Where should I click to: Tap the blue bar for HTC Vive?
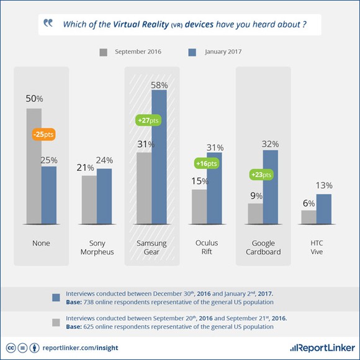pyautogui.click(x=325, y=209)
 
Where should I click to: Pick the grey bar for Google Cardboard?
pyautogui.click(x=255, y=213)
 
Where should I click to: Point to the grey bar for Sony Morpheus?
pyautogui.click(x=89, y=199)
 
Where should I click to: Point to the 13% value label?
pyautogui.click(x=325, y=186)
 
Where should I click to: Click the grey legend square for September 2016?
pyautogui.click(x=104, y=52)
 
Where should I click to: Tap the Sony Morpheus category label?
pyautogui.click(x=97, y=248)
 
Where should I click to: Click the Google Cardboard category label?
pyautogui.click(x=263, y=248)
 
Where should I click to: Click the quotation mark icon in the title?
pyautogui.click(x=48, y=24)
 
